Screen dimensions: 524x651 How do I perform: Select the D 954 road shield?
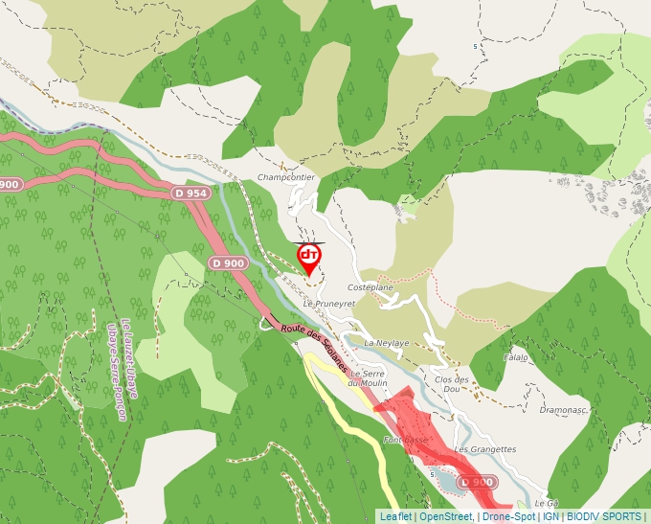pyautogui.click(x=191, y=193)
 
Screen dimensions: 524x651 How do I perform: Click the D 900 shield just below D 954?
pyautogui.click(x=228, y=262)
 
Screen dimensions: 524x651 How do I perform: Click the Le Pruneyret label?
pyautogui.click(x=328, y=303)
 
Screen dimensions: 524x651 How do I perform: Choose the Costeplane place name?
pyautogui.click(x=370, y=287)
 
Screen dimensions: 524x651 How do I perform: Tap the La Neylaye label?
pyautogui.click(x=386, y=342)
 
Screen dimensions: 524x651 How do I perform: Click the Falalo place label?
pyautogui.click(x=516, y=357)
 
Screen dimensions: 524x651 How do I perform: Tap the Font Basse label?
pyautogui.click(x=404, y=440)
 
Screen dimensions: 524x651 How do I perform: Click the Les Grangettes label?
pyautogui.click(x=484, y=448)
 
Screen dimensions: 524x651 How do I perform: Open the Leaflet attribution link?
pyautogui.click(x=395, y=516)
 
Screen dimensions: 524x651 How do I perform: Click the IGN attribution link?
pyautogui.click(x=550, y=516)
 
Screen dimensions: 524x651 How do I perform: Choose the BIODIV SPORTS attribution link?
pyautogui.click(x=604, y=516)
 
